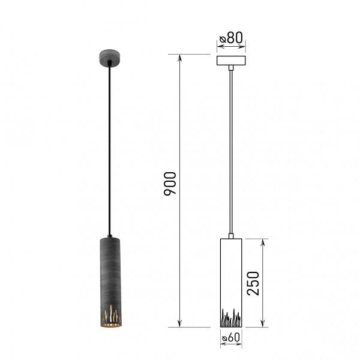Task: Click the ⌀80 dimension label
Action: (231, 38)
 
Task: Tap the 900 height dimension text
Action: (170, 184)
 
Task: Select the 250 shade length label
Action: (253, 283)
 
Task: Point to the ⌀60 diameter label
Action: (231, 337)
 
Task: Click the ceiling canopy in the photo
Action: (110, 58)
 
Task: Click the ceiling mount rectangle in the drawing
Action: (231, 61)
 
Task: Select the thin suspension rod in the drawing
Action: (231, 152)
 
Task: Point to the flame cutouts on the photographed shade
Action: (110, 314)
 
